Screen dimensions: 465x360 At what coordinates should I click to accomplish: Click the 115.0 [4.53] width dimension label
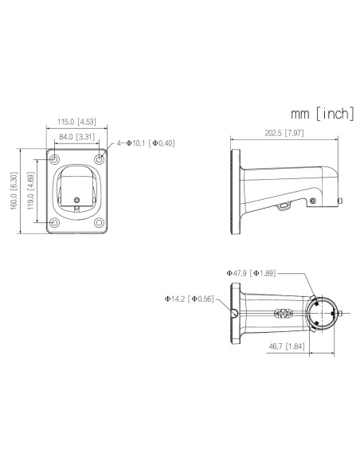(76, 122)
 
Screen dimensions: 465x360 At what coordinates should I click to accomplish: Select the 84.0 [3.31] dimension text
(76, 137)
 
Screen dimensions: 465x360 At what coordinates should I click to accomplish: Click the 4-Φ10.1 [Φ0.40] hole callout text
(144, 143)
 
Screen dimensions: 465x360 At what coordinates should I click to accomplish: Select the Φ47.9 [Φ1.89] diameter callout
(252, 274)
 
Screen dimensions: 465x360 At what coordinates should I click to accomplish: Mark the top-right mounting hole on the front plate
(99, 160)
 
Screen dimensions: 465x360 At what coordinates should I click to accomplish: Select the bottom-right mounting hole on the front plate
(99, 222)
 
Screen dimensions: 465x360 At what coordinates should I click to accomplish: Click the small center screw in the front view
(76, 199)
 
